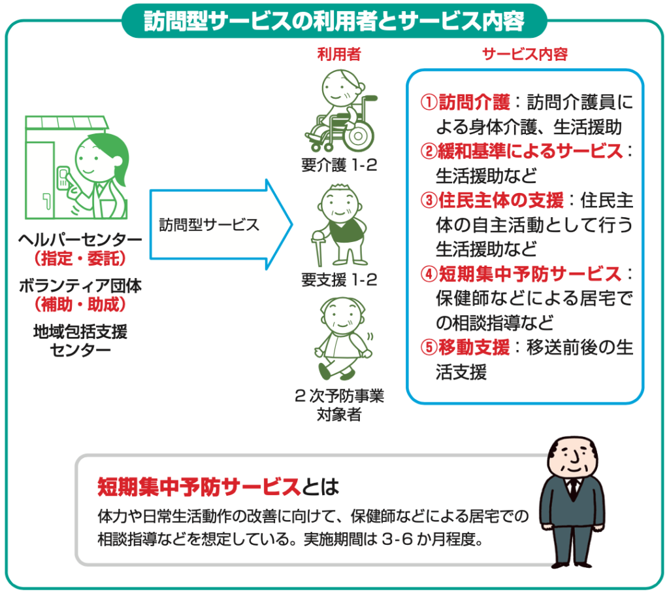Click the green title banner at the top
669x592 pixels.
(x=334, y=20)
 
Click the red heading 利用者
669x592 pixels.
(x=339, y=54)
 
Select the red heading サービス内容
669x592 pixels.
(x=525, y=54)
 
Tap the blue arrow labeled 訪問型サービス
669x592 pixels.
(x=221, y=224)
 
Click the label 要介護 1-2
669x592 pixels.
(x=339, y=165)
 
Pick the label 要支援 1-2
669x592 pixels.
(x=339, y=280)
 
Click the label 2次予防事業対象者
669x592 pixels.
(x=339, y=405)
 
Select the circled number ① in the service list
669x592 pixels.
(x=429, y=103)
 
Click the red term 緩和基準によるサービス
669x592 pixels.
(x=530, y=151)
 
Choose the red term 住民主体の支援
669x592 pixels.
(x=501, y=200)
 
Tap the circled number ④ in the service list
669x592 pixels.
(x=429, y=274)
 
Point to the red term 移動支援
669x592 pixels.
(x=474, y=348)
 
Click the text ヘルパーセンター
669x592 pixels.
(x=80, y=239)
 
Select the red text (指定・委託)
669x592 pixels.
(x=80, y=258)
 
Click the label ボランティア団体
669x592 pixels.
(x=80, y=286)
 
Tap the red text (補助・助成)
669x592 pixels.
(x=80, y=305)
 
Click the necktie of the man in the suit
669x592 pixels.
(x=573, y=489)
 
